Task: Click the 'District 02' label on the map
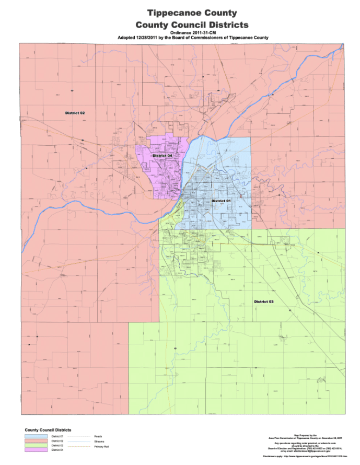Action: pos(75,113)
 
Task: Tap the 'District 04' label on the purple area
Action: pos(162,156)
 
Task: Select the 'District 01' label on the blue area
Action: pos(221,201)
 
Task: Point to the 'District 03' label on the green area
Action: pos(263,302)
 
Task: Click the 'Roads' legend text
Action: pos(98,436)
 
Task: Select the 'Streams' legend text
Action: pos(99,441)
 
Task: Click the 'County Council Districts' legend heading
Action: pos(48,429)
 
